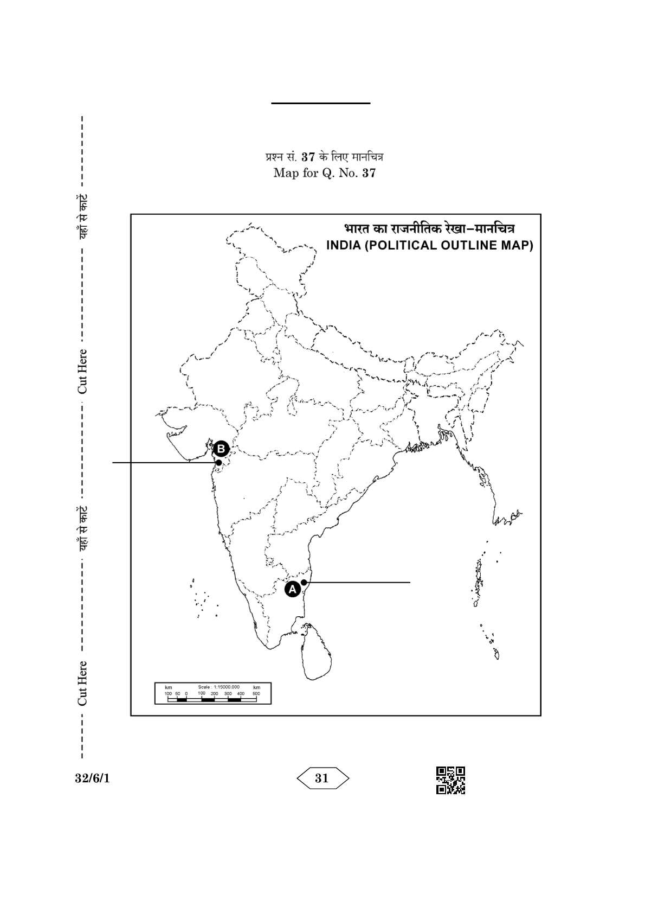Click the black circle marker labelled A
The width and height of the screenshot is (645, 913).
pos(293,589)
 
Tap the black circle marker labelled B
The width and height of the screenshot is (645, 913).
pos(221,449)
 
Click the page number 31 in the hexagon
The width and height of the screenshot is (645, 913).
pos(322,778)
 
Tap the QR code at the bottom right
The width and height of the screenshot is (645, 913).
pos(450,780)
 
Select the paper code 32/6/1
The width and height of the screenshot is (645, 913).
pos(92,778)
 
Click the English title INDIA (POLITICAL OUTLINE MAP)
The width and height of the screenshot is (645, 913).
pos(429,245)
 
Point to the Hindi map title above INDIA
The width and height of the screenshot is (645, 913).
pos(429,228)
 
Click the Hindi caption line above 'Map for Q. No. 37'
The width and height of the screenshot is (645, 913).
pos(324,158)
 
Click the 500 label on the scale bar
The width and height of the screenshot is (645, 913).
pos(256,693)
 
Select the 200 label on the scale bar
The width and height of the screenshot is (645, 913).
pos(214,693)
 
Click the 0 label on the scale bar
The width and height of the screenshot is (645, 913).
pos(186,693)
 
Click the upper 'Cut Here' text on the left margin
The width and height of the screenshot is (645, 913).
pos(82,372)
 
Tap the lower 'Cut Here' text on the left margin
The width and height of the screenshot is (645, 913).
pos(82,684)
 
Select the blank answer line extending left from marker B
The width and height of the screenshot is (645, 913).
pos(163,463)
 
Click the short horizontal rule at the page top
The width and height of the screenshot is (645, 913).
pos(321,103)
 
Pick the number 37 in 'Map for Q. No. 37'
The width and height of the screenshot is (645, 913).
pos(369,174)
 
